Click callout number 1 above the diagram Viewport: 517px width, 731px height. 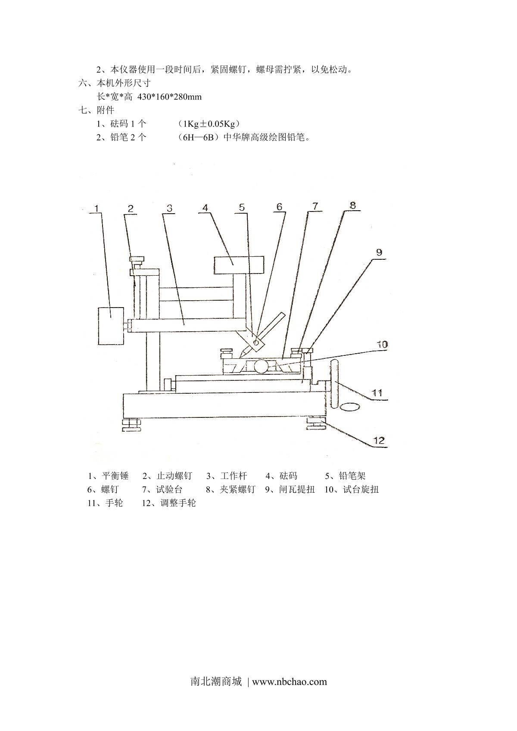[97, 208]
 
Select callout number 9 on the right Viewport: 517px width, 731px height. [379, 252]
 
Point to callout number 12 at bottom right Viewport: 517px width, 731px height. [379, 440]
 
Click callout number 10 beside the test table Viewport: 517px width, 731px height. [382, 344]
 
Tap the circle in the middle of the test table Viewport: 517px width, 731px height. [262, 367]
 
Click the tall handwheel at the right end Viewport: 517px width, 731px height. [335, 385]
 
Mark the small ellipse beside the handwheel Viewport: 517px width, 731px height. [350, 407]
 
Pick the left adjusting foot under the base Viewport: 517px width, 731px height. [132, 424]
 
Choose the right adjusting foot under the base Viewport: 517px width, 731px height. [317, 423]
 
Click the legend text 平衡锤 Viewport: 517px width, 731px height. [115, 476]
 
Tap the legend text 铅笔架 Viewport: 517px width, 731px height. [352, 476]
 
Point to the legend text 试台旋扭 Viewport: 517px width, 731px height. [361, 489]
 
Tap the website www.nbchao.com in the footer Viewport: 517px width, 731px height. [289, 681]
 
